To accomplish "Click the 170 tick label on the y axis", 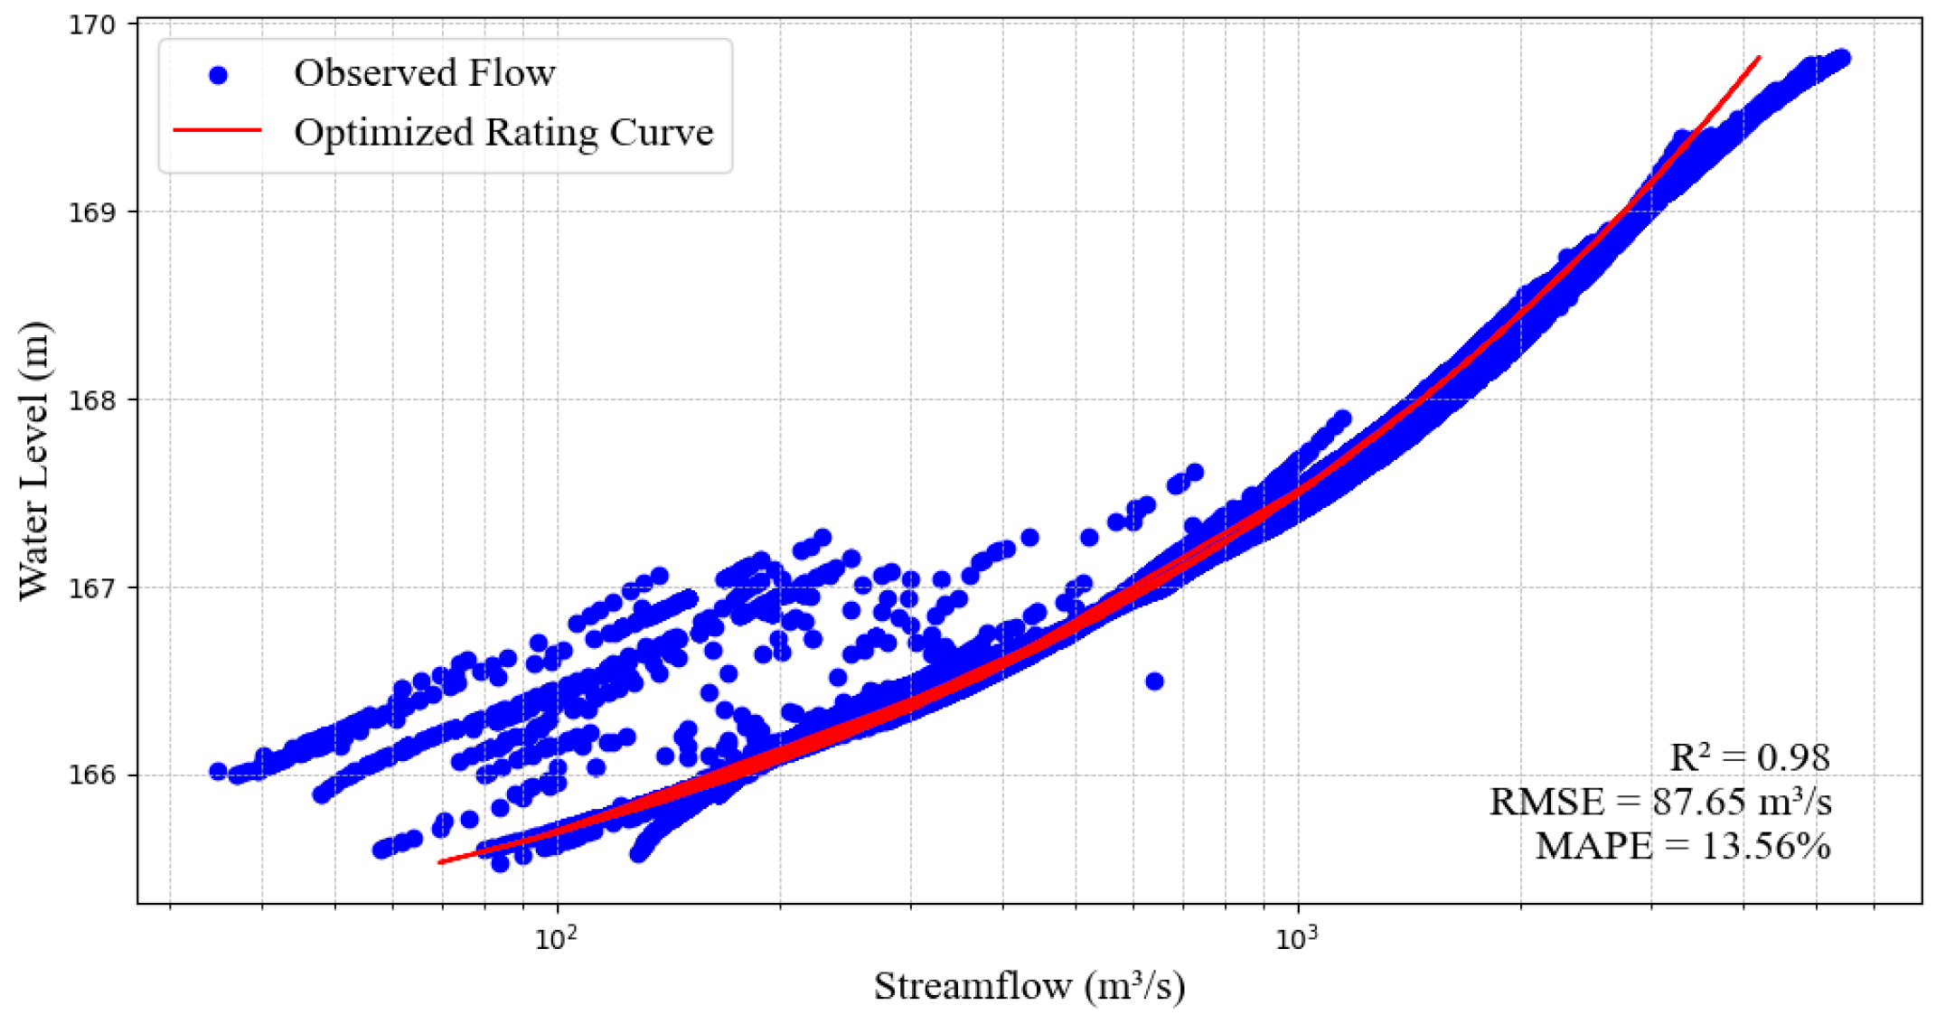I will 92,24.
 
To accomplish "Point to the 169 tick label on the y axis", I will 92,212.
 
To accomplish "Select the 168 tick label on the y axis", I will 92,400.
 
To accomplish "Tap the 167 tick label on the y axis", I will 92,588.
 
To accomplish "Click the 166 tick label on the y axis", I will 92,775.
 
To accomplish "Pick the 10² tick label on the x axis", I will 555,939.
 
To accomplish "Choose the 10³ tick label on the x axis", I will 1296,939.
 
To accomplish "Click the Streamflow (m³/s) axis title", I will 1029,986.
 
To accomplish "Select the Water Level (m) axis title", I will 34,461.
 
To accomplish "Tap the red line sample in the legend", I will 217,131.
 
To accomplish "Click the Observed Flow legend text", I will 424,73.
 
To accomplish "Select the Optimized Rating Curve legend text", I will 503,132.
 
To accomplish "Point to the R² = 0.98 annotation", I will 1749,757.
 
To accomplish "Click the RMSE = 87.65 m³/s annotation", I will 1660,802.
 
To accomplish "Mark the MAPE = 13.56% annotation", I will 1682,846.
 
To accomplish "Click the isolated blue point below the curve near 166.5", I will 1154,681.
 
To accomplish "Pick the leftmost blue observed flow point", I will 218,771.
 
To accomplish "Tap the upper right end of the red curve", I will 1759,57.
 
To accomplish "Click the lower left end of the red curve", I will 440,862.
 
